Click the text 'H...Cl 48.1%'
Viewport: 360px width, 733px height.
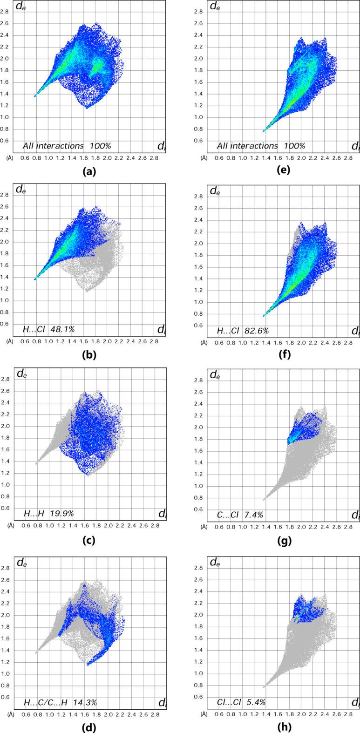point(49,329)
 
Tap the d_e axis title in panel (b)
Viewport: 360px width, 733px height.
point(21,190)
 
